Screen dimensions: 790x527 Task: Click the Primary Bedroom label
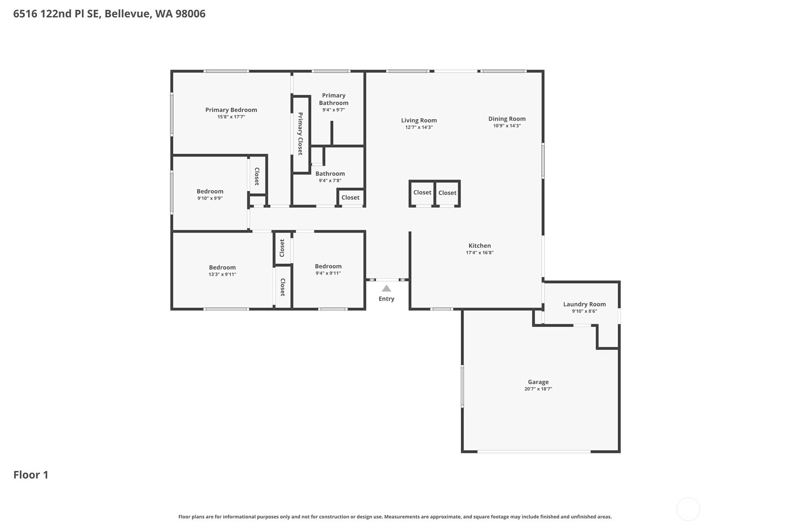[x=231, y=110]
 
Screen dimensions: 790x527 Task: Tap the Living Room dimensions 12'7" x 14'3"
[x=419, y=127]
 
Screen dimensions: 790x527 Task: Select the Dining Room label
[x=507, y=119]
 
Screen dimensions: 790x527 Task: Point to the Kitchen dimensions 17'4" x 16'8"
[x=479, y=253]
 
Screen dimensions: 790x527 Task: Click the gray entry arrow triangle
[x=386, y=289]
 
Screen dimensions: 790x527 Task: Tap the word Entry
[x=386, y=299]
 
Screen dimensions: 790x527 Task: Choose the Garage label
[x=538, y=382]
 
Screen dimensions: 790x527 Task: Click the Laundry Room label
[x=584, y=304]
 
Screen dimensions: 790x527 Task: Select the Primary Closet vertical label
[x=300, y=134]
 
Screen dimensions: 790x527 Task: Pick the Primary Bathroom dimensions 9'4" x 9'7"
[x=334, y=110]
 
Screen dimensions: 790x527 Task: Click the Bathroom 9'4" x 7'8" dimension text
[x=330, y=181]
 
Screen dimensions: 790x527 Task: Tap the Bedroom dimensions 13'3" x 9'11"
[x=222, y=274]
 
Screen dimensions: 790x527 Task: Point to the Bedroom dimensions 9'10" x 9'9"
[x=210, y=198]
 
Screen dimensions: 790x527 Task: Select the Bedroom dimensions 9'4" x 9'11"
[x=328, y=273]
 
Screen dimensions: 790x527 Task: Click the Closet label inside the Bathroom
[x=350, y=198]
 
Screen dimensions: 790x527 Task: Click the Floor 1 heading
[x=31, y=475]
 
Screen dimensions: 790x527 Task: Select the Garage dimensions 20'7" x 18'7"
[x=538, y=389]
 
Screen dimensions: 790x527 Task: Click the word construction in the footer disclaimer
[x=334, y=517]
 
